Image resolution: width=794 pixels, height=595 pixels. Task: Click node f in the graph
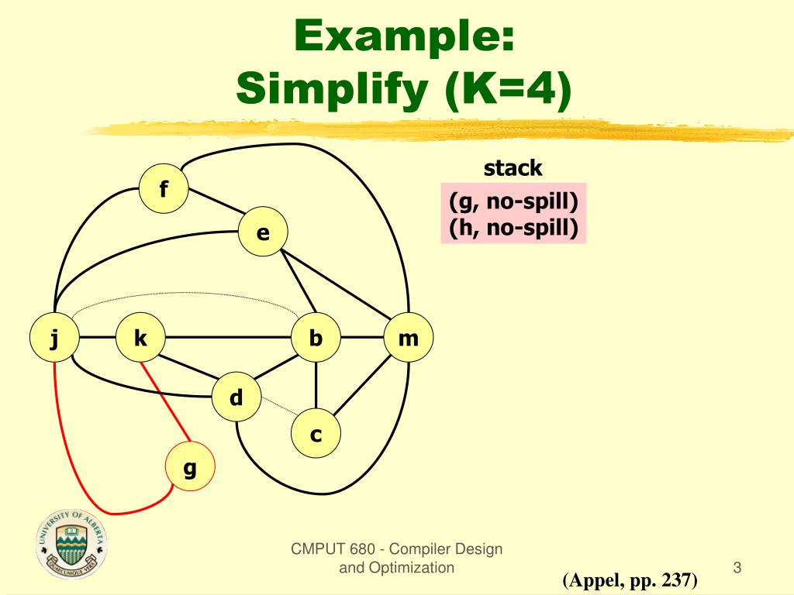[164, 189]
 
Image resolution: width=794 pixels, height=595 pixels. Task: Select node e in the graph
[263, 232]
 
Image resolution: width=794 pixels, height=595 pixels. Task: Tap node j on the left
[54, 338]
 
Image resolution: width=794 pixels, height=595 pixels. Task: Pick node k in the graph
[140, 338]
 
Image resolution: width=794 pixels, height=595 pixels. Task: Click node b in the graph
[316, 338]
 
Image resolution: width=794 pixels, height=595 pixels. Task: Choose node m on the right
[408, 338]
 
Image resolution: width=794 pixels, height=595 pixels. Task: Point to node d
[236, 398]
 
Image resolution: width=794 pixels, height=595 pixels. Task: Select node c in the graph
[316, 435]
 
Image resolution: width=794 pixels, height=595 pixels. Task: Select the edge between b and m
[362, 338]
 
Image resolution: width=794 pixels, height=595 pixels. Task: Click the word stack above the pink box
[513, 168]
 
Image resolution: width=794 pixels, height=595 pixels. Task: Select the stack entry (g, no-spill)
[513, 203]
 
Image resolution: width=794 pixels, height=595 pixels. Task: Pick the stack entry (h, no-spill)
[513, 229]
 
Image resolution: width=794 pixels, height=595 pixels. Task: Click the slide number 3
[737, 568]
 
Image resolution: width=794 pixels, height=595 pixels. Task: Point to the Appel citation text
[630, 580]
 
